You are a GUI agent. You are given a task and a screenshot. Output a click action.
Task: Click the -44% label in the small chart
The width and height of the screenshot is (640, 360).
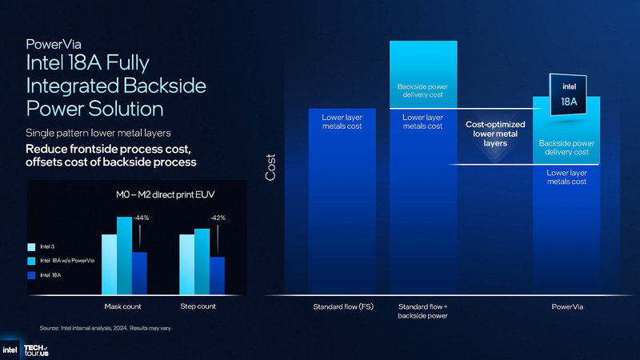[x=141, y=218]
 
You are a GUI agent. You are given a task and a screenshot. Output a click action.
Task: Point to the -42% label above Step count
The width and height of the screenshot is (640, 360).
[x=218, y=218]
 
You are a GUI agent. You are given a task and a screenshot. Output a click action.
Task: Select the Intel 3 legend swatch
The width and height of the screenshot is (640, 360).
[x=32, y=246]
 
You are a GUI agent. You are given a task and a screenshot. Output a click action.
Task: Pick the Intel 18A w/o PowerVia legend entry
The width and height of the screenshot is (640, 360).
[x=61, y=261]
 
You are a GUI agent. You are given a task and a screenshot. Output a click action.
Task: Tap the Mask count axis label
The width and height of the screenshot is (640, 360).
[x=124, y=306]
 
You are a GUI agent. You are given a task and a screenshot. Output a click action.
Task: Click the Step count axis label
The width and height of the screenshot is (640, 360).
[x=198, y=306]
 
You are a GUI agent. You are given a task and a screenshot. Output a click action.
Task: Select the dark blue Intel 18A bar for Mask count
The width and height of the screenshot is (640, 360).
[x=139, y=274]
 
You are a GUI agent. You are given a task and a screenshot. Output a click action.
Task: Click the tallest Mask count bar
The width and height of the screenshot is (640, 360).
[x=124, y=256]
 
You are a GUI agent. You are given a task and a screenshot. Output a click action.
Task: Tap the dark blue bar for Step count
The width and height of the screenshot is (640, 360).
[x=216, y=276]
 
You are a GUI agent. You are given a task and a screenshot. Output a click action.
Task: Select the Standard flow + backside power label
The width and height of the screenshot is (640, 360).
[x=422, y=311]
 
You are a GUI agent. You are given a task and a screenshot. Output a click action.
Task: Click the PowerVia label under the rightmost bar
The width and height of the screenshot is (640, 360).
[x=566, y=306]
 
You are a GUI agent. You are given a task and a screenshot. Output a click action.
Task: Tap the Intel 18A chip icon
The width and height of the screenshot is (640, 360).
[x=567, y=97]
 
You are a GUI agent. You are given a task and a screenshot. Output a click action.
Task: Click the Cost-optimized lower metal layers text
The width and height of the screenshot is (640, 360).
[x=495, y=134]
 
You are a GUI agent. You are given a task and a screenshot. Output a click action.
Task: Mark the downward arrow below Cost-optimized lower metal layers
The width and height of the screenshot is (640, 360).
[x=494, y=158]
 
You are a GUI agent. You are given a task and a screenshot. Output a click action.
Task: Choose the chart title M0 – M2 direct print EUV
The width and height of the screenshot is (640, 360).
[x=160, y=195]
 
